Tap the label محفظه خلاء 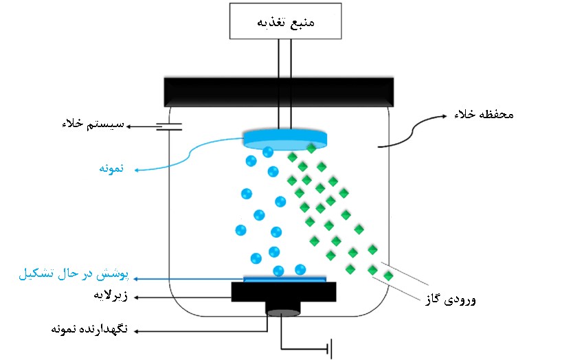click(x=484, y=114)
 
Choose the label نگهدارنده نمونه click(x=87, y=330)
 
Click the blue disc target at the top click(x=284, y=138)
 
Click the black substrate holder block click(x=283, y=292)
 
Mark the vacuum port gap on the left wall click(x=170, y=126)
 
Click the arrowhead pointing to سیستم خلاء click(x=133, y=126)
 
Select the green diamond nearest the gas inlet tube click(x=388, y=276)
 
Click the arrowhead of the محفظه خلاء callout click(x=379, y=145)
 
